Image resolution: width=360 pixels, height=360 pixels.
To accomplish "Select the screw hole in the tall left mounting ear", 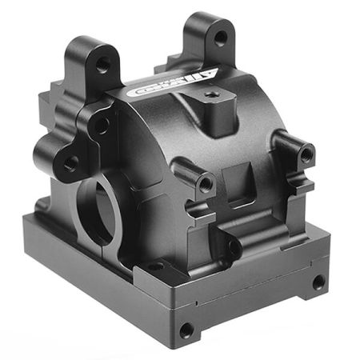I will click(102, 64).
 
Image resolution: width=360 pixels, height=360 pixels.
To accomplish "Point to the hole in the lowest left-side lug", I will click(71, 163).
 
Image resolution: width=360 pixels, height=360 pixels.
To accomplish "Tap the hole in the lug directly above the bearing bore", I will click(102, 124).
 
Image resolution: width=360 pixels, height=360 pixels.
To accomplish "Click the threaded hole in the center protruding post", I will click(205, 183).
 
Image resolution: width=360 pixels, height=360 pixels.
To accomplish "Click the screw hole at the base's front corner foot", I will click(186, 329).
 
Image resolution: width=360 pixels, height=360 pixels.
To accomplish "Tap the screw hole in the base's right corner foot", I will click(318, 282).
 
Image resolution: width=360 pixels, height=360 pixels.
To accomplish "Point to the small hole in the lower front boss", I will click(232, 247).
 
